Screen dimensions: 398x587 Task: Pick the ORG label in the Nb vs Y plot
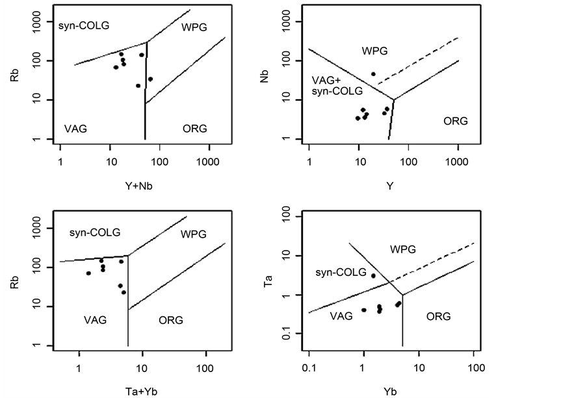(x=456, y=120)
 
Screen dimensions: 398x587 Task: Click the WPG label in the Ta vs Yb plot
(x=402, y=249)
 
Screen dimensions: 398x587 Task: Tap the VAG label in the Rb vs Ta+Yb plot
(x=95, y=319)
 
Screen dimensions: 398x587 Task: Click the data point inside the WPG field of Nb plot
(x=373, y=74)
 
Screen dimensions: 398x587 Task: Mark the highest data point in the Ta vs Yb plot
(x=373, y=276)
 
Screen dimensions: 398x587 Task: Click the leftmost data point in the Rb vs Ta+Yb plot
(x=88, y=273)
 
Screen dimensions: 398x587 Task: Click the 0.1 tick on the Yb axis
(x=309, y=369)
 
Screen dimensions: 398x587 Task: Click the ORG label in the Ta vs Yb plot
(x=438, y=316)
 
